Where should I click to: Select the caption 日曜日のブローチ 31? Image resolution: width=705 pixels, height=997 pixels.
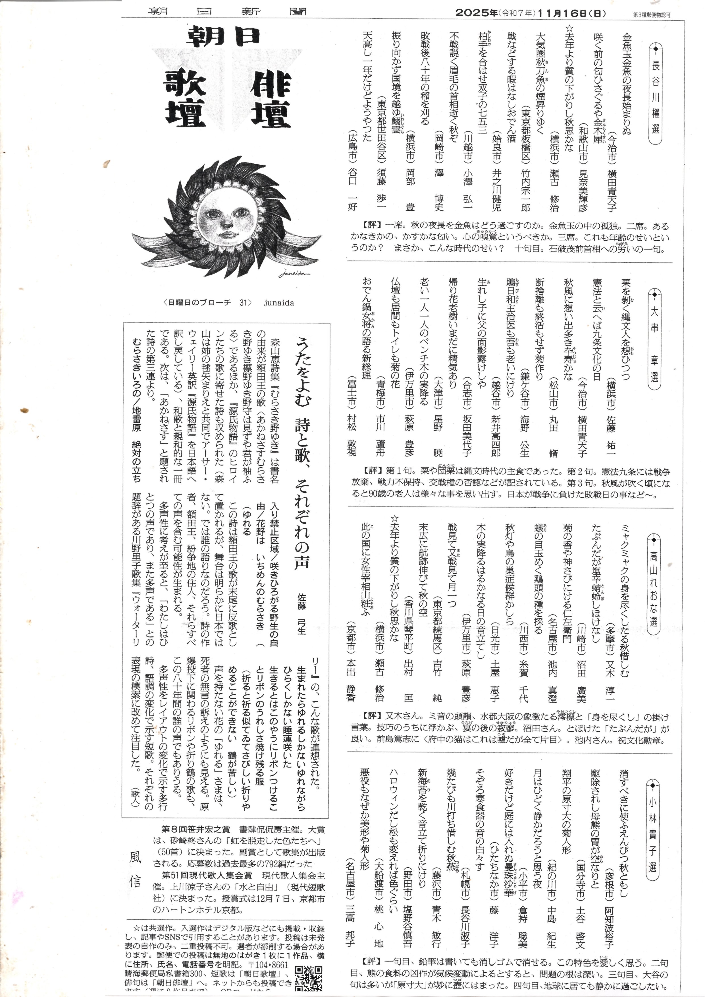(x=207, y=303)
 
